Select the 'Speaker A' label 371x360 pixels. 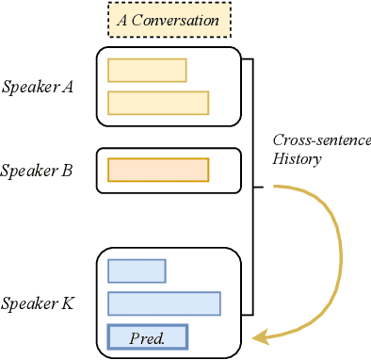[39, 87]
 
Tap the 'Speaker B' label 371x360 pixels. [39, 171]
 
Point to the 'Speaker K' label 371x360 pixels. [39, 303]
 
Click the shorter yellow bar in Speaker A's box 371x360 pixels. [147, 71]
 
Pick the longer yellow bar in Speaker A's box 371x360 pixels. [158, 103]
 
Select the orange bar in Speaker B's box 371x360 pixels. [158, 170]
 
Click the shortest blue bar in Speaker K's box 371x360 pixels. [137, 270]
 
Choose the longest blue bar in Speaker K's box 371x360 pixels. [164, 303]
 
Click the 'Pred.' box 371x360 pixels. [148, 336]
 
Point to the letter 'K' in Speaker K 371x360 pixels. [69, 303]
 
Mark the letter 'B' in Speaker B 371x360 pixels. [69, 171]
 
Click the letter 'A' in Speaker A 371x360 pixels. [68, 87]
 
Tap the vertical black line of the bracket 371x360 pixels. [253, 188]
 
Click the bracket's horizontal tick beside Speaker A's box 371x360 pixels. [248, 59]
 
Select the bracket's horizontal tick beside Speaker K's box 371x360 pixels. [248, 314]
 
